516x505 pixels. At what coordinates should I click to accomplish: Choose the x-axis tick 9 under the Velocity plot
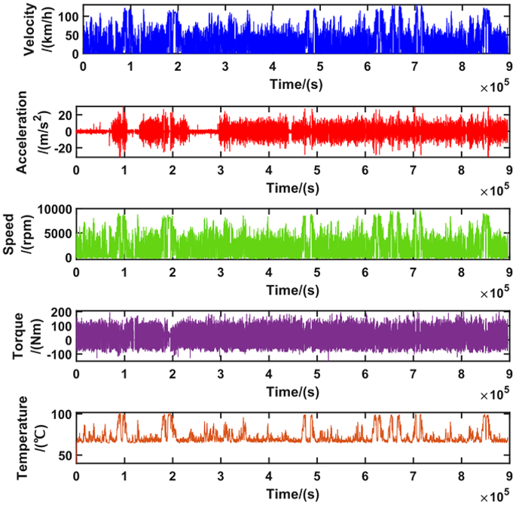click(x=509, y=66)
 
